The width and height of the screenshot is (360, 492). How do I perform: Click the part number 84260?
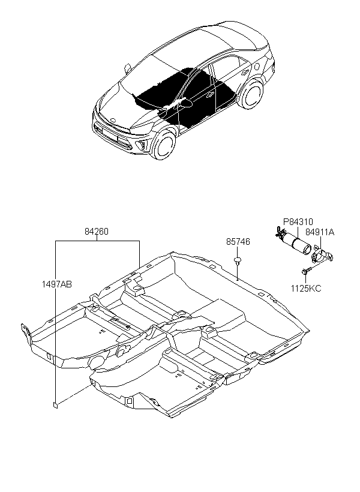(x=97, y=232)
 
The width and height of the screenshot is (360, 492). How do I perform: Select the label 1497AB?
(x=56, y=284)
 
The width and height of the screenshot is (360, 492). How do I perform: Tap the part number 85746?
(x=238, y=242)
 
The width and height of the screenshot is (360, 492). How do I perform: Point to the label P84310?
(x=298, y=222)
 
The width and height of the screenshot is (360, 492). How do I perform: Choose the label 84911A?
(x=320, y=232)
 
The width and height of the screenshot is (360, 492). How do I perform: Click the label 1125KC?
(x=306, y=289)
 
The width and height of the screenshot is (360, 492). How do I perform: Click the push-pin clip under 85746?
(x=238, y=260)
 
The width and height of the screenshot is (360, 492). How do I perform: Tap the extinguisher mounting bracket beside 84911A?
(x=322, y=256)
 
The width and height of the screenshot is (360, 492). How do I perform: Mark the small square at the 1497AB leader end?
(x=55, y=405)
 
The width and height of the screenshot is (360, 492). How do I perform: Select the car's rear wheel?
(x=252, y=94)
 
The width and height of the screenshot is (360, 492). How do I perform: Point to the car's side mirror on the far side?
(x=128, y=68)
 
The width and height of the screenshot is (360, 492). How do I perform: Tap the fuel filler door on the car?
(x=256, y=66)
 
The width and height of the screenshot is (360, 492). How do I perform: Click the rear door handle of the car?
(x=243, y=73)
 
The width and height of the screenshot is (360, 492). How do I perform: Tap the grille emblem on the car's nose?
(x=114, y=120)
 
